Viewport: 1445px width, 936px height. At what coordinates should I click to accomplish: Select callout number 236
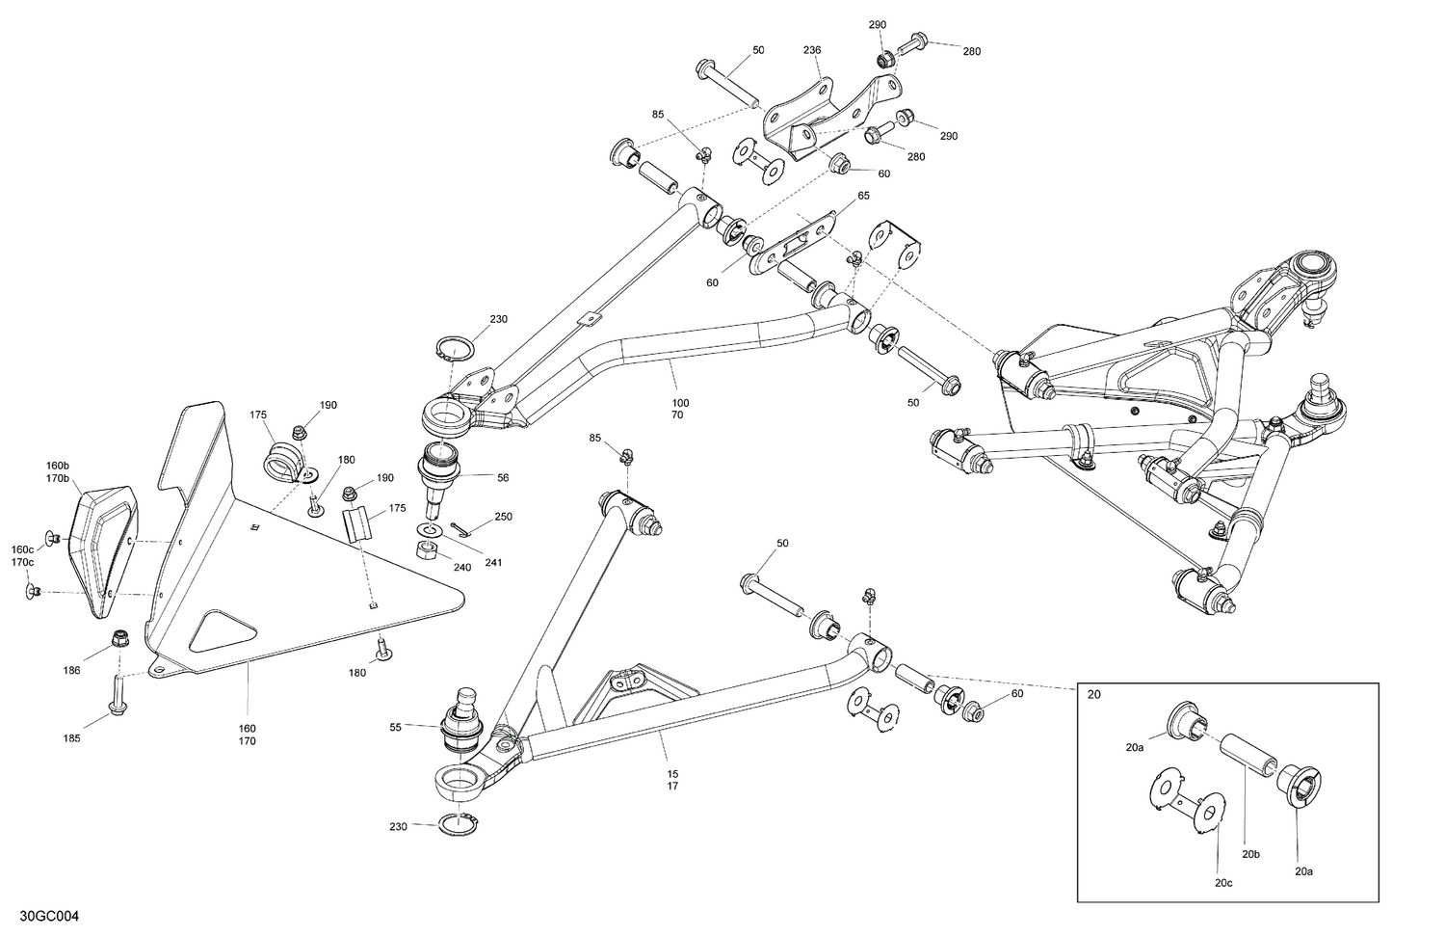pyautogui.click(x=814, y=50)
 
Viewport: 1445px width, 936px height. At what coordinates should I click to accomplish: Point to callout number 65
pyautogui.click(x=863, y=196)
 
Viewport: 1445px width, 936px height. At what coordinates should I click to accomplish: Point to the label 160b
pyautogui.click(x=58, y=465)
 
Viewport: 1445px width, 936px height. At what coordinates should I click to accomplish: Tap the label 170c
pyautogui.click(x=22, y=562)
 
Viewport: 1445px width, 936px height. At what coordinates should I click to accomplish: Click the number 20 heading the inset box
pyautogui.click(x=1093, y=695)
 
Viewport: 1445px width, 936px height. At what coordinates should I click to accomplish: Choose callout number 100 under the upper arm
pyautogui.click(x=680, y=402)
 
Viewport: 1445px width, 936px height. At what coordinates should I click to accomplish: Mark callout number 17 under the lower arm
pyautogui.click(x=672, y=787)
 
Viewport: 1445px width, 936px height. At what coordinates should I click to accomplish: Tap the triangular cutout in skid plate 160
pyautogui.click(x=223, y=630)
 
